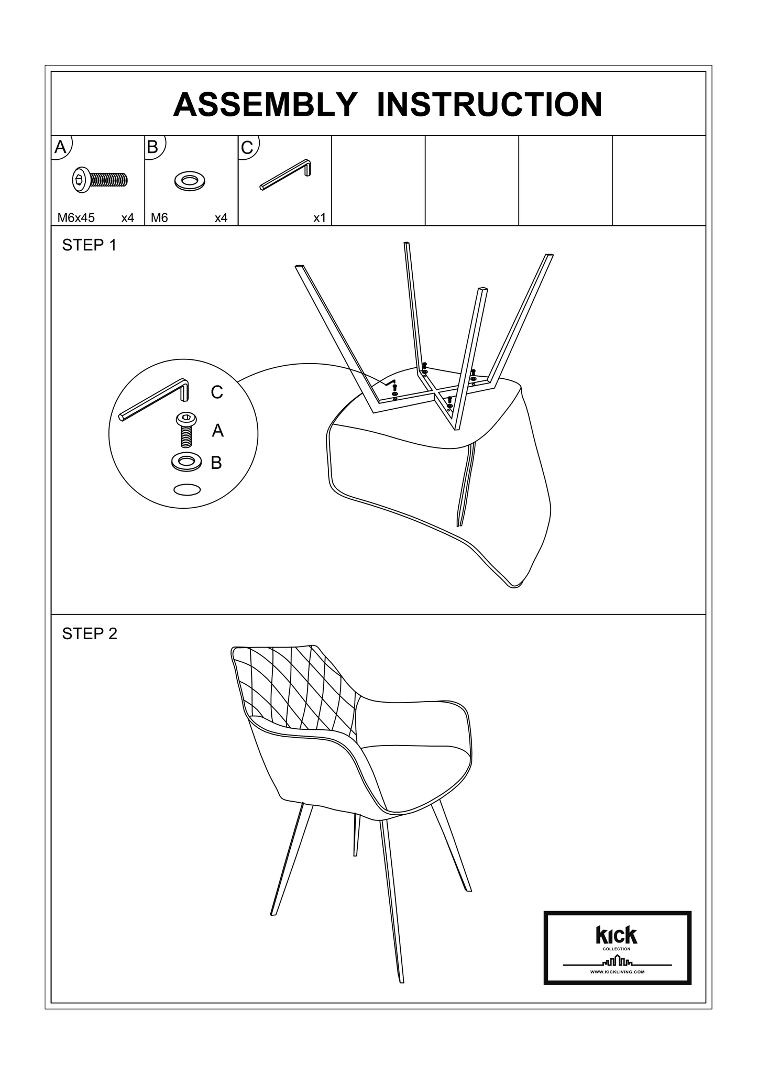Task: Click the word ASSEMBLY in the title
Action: (x=264, y=104)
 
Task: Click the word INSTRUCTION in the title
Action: (x=489, y=104)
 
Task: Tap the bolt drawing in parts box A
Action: (x=99, y=180)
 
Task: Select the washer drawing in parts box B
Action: (x=190, y=181)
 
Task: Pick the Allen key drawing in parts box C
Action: (x=285, y=175)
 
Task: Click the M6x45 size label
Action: (x=76, y=218)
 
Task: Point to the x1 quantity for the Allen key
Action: (x=320, y=218)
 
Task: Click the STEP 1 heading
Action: (x=89, y=245)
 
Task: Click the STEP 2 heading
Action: (x=90, y=634)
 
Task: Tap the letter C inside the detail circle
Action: (x=217, y=392)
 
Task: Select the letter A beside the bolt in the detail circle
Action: (x=218, y=431)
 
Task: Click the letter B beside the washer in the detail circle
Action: (x=216, y=463)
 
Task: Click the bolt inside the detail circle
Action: (x=186, y=430)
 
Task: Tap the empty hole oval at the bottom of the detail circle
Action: (x=187, y=489)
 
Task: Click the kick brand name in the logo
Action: (x=617, y=935)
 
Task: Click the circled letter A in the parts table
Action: (x=61, y=147)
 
